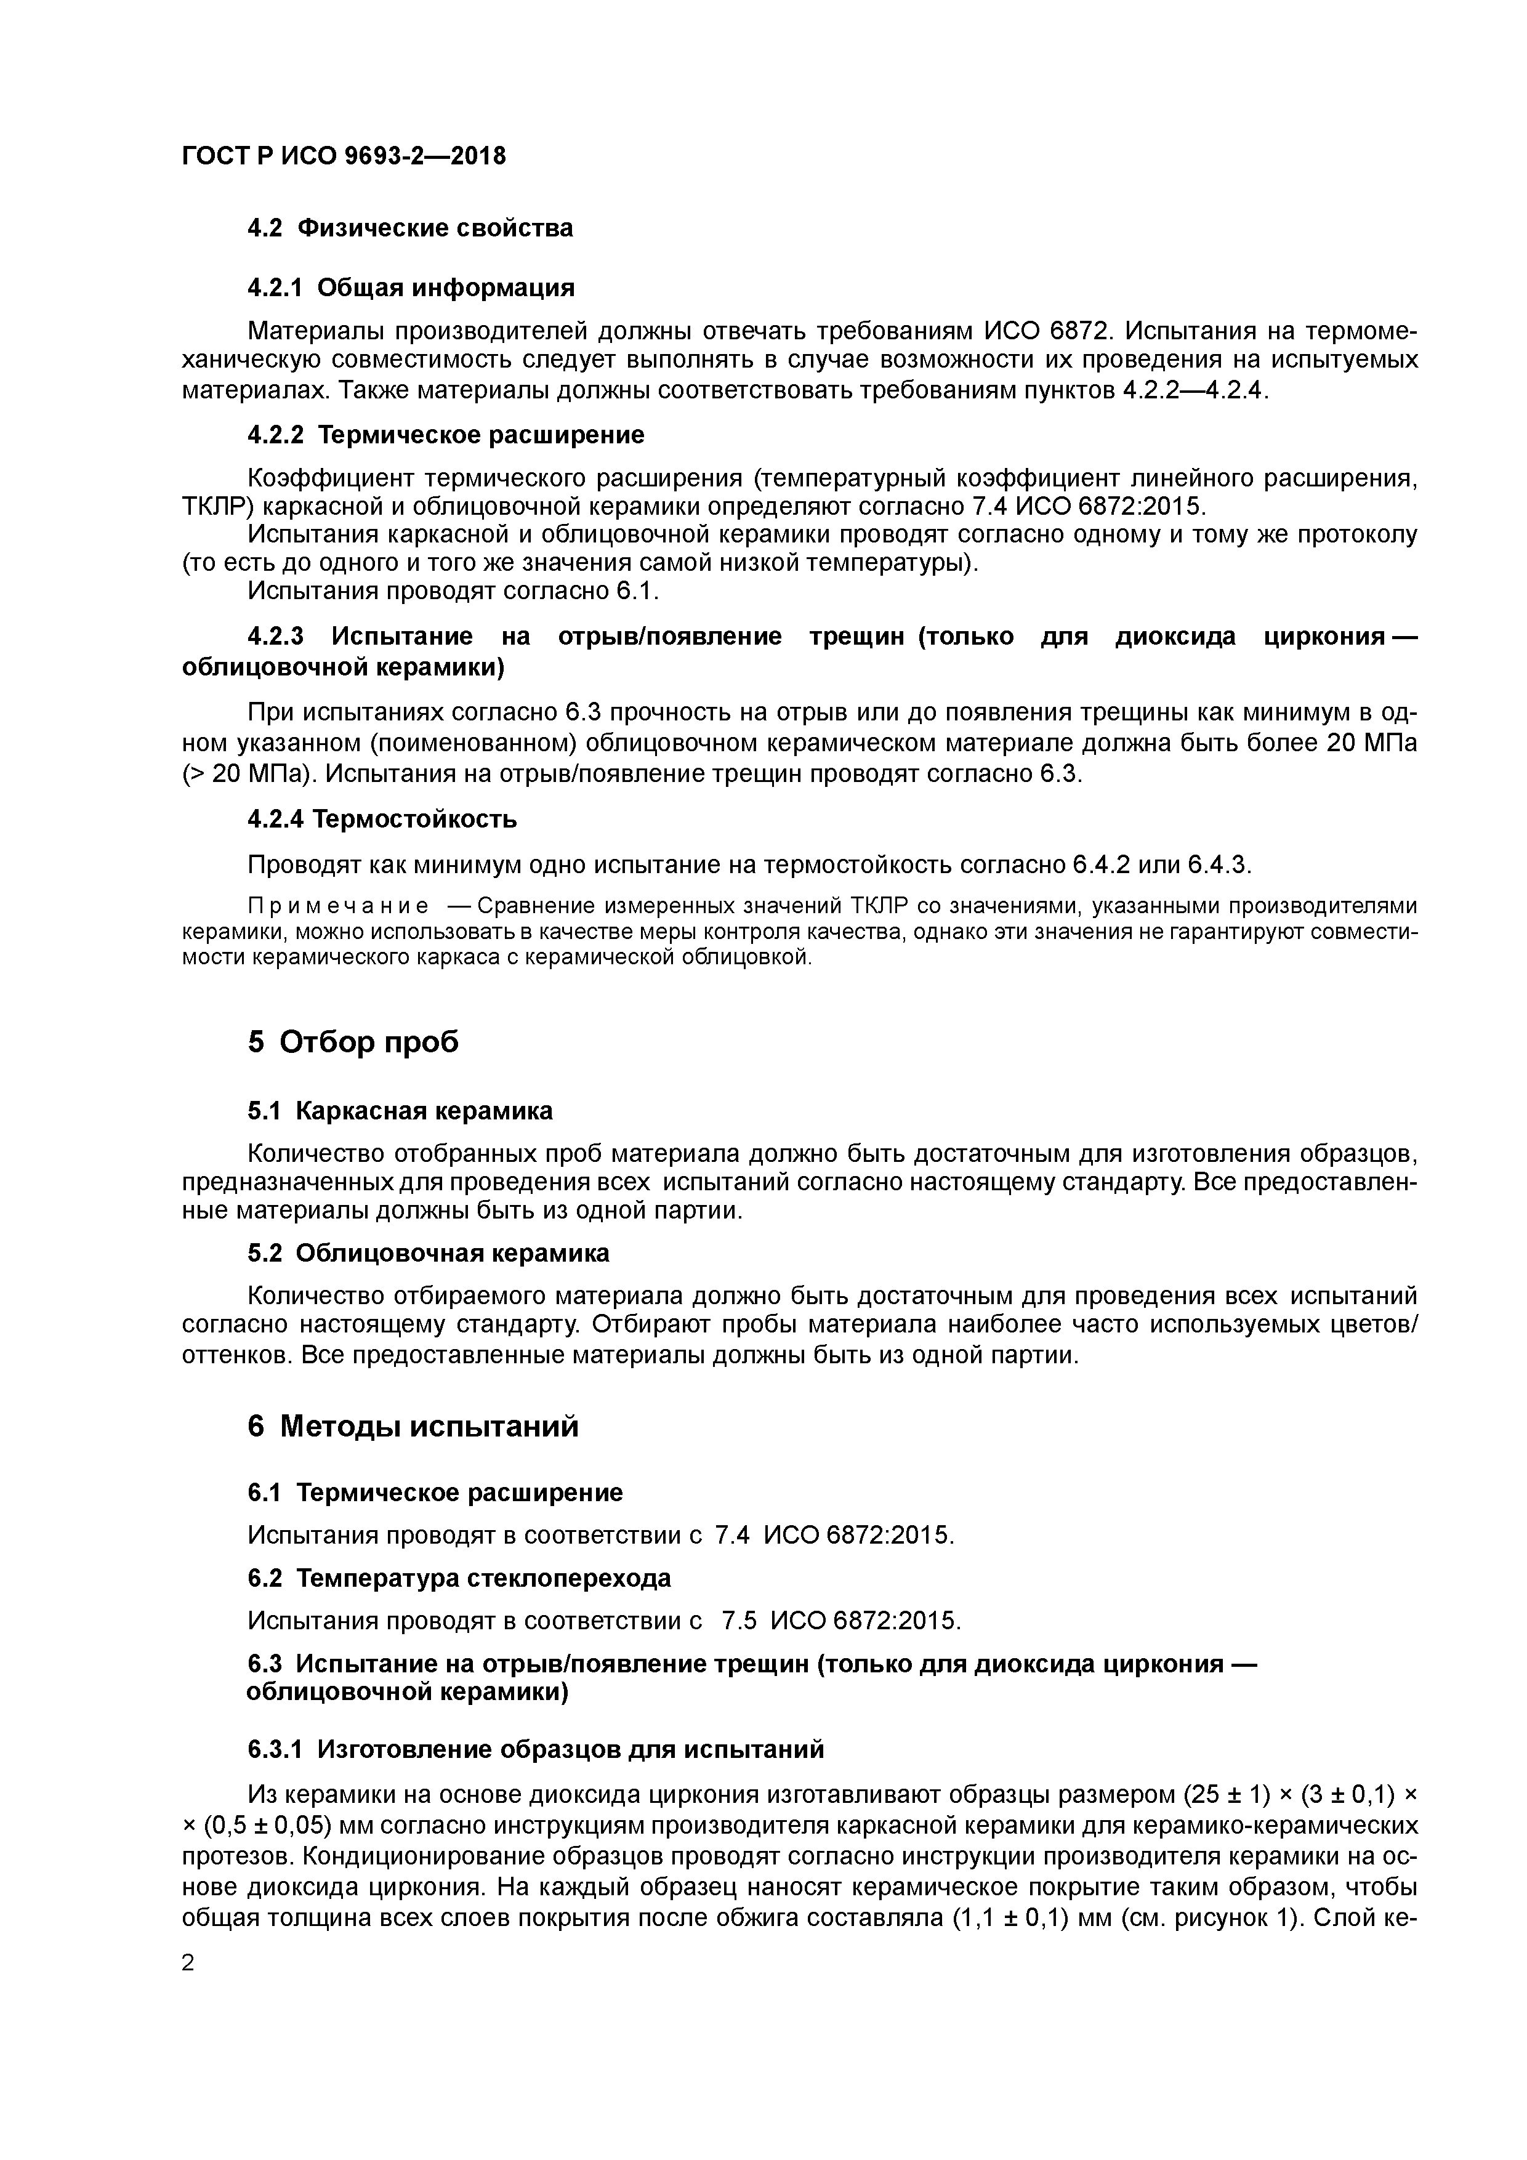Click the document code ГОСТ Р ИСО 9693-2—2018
[x=344, y=156]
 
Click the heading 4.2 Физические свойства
[x=409, y=228]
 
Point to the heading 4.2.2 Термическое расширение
[x=445, y=435]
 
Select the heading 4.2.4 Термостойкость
[x=382, y=820]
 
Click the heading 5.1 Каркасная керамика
[x=400, y=1111]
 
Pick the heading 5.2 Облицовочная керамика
[x=428, y=1253]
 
